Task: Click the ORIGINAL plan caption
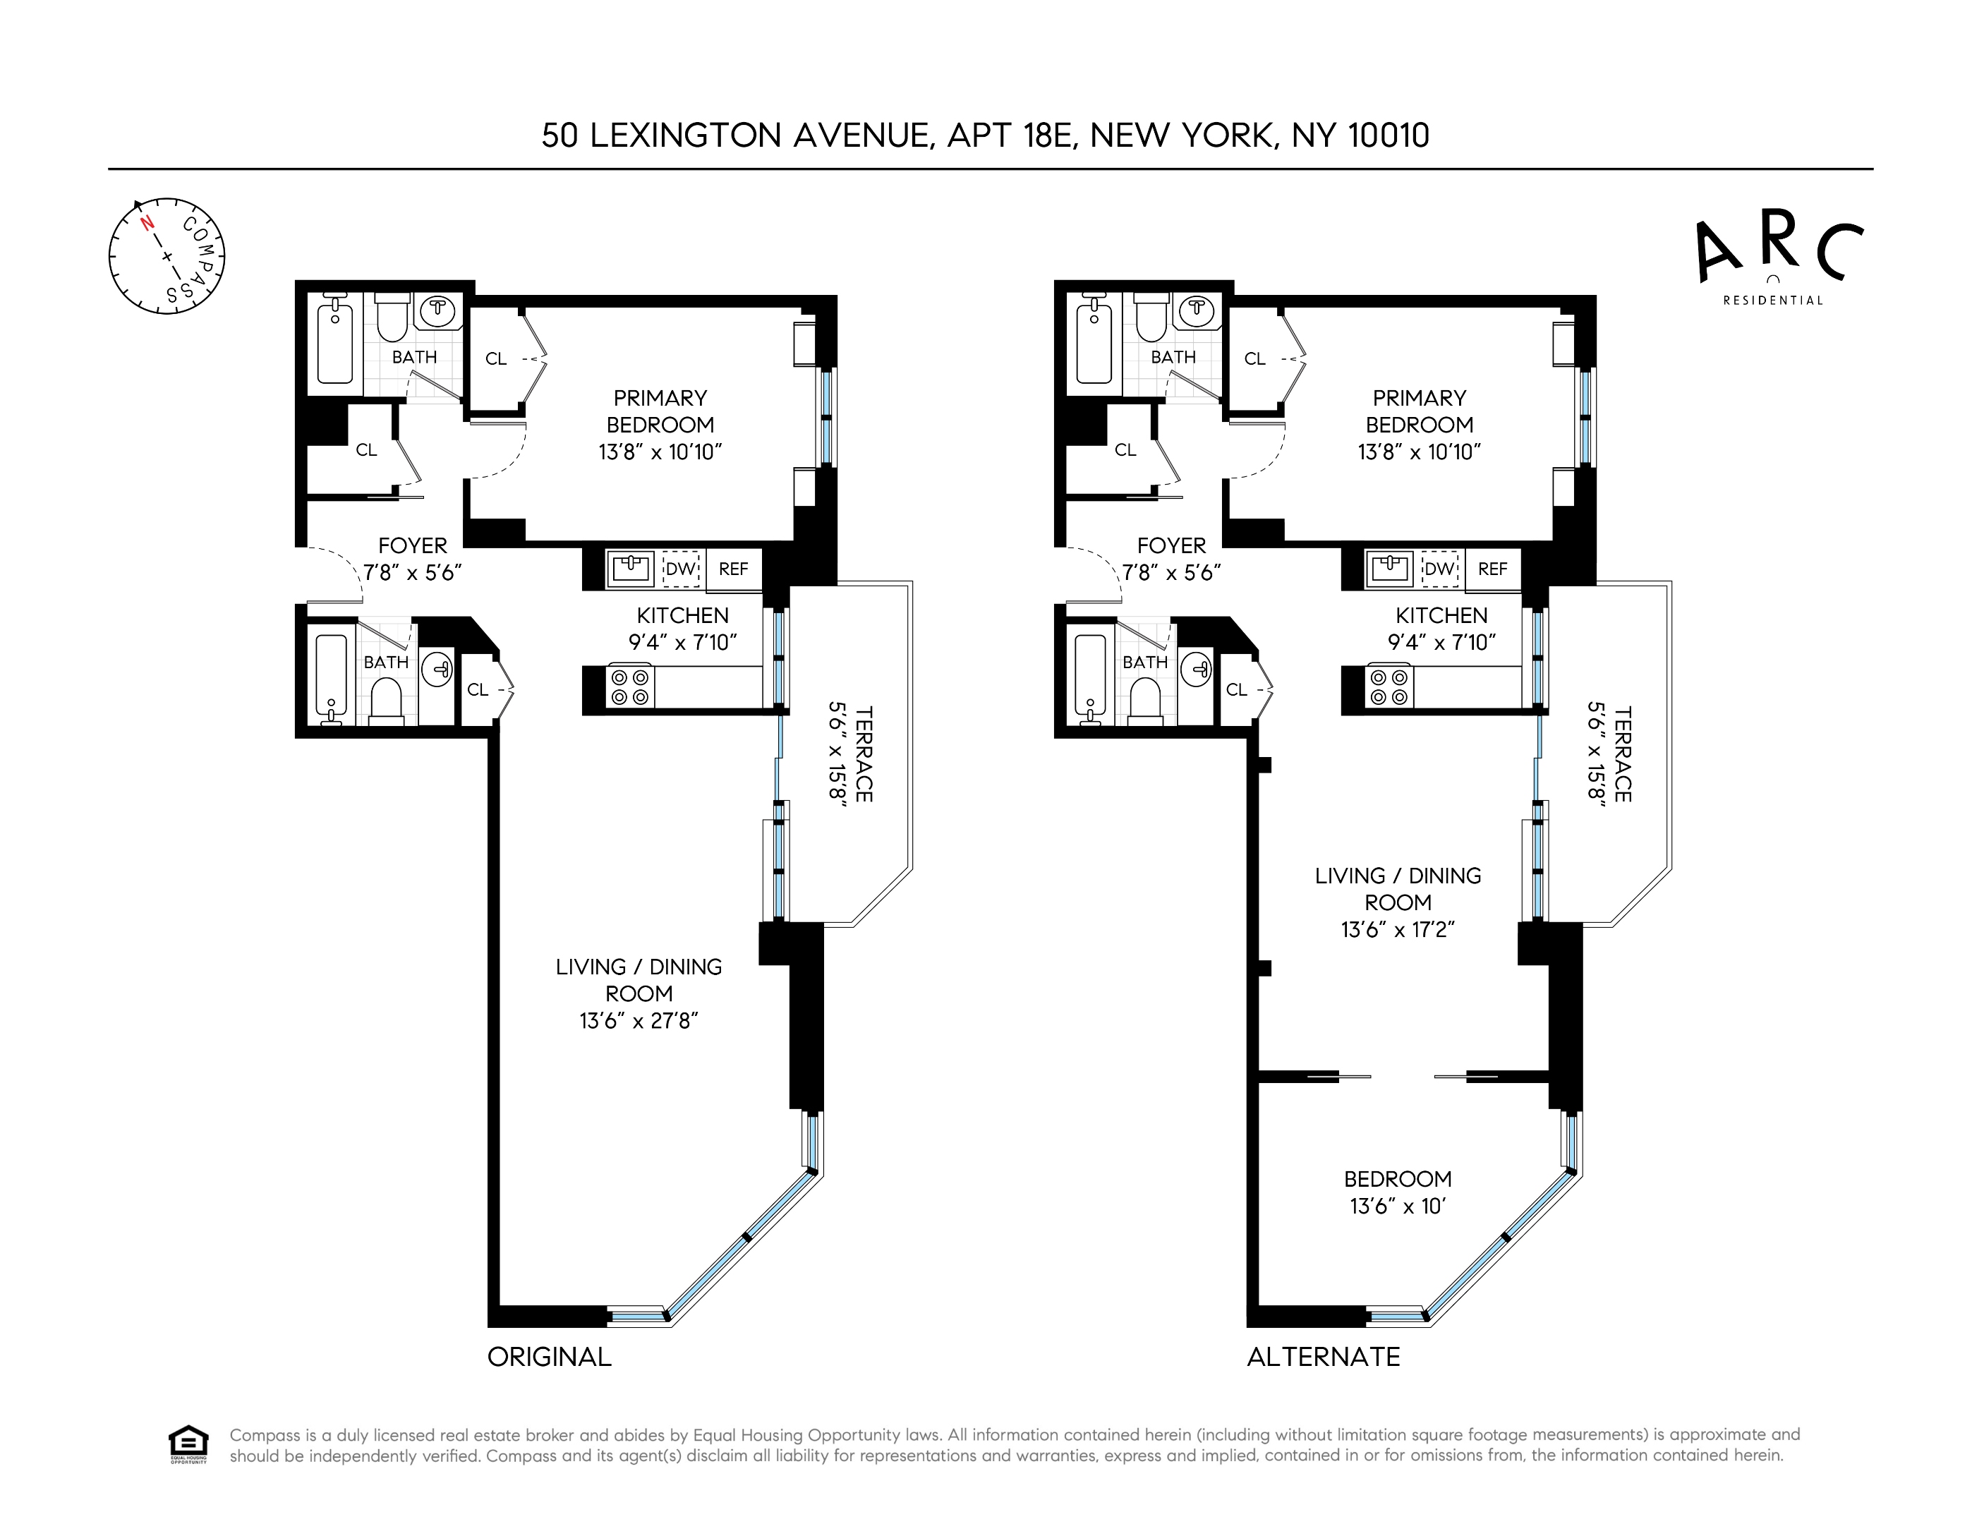pos(549,1357)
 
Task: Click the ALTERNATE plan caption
pos(1323,1357)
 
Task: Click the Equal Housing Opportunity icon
pos(188,1444)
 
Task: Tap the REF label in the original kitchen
pos(733,569)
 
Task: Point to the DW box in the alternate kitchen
pos(1439,569)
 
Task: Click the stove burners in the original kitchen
pos(629,687)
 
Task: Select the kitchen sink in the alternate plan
pos(1390,569)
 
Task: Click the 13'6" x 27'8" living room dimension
pos(639,1021)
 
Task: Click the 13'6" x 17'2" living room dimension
pos(1398,930)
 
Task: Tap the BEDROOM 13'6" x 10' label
pos(1398,1192)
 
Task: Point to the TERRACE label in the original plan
pos(863,754)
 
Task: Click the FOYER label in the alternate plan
pos(1171,546)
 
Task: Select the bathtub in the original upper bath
pos(335,344)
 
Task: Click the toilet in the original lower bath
pos(387,700)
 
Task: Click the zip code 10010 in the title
pos(1388,135)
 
